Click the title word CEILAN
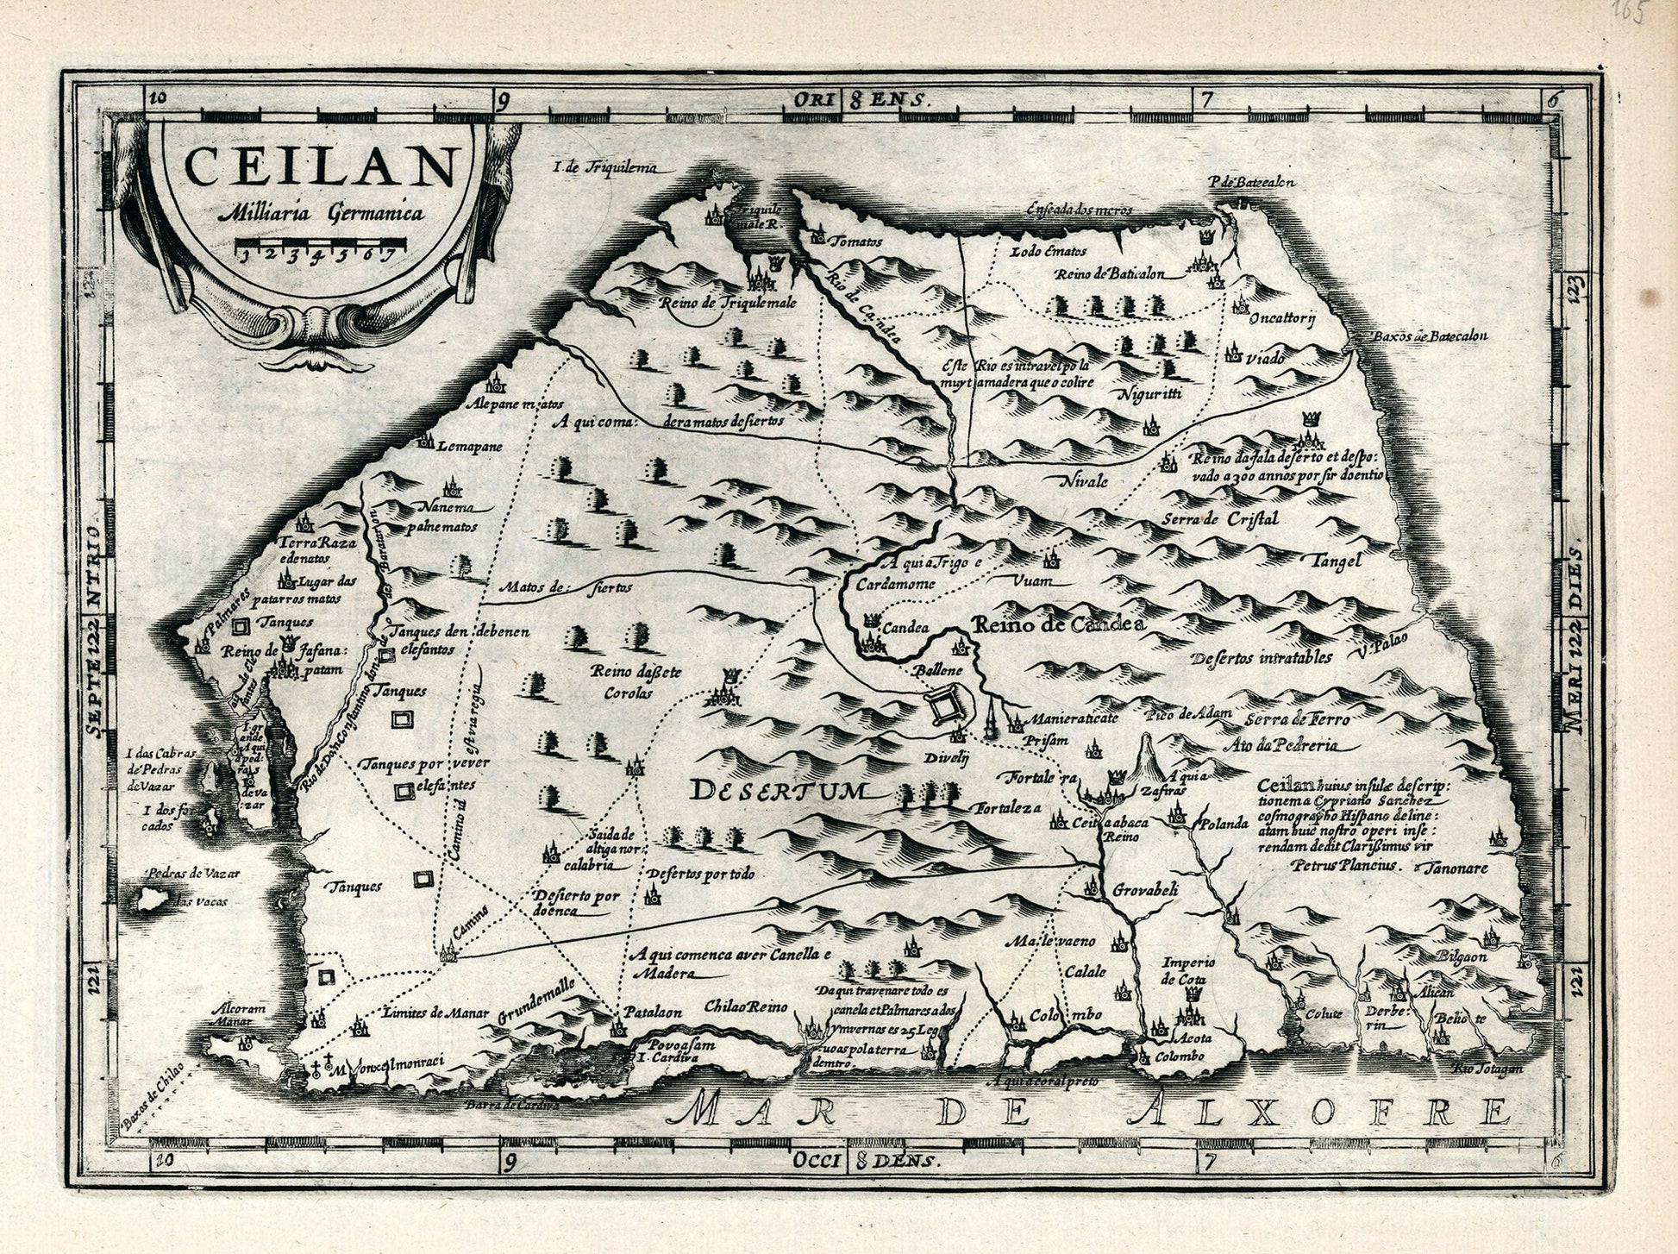pyautogui.click(x=320, y=167)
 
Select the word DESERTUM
pyautogui.click(x=783, y=790)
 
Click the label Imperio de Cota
pyautogui.click(x=1188, y=970)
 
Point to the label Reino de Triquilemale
pyautogui.click(x=727, y=304)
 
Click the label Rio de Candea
pyautogui.click(x=863, y=306)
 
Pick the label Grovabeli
pyautogui.click(x=1145, y=889)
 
